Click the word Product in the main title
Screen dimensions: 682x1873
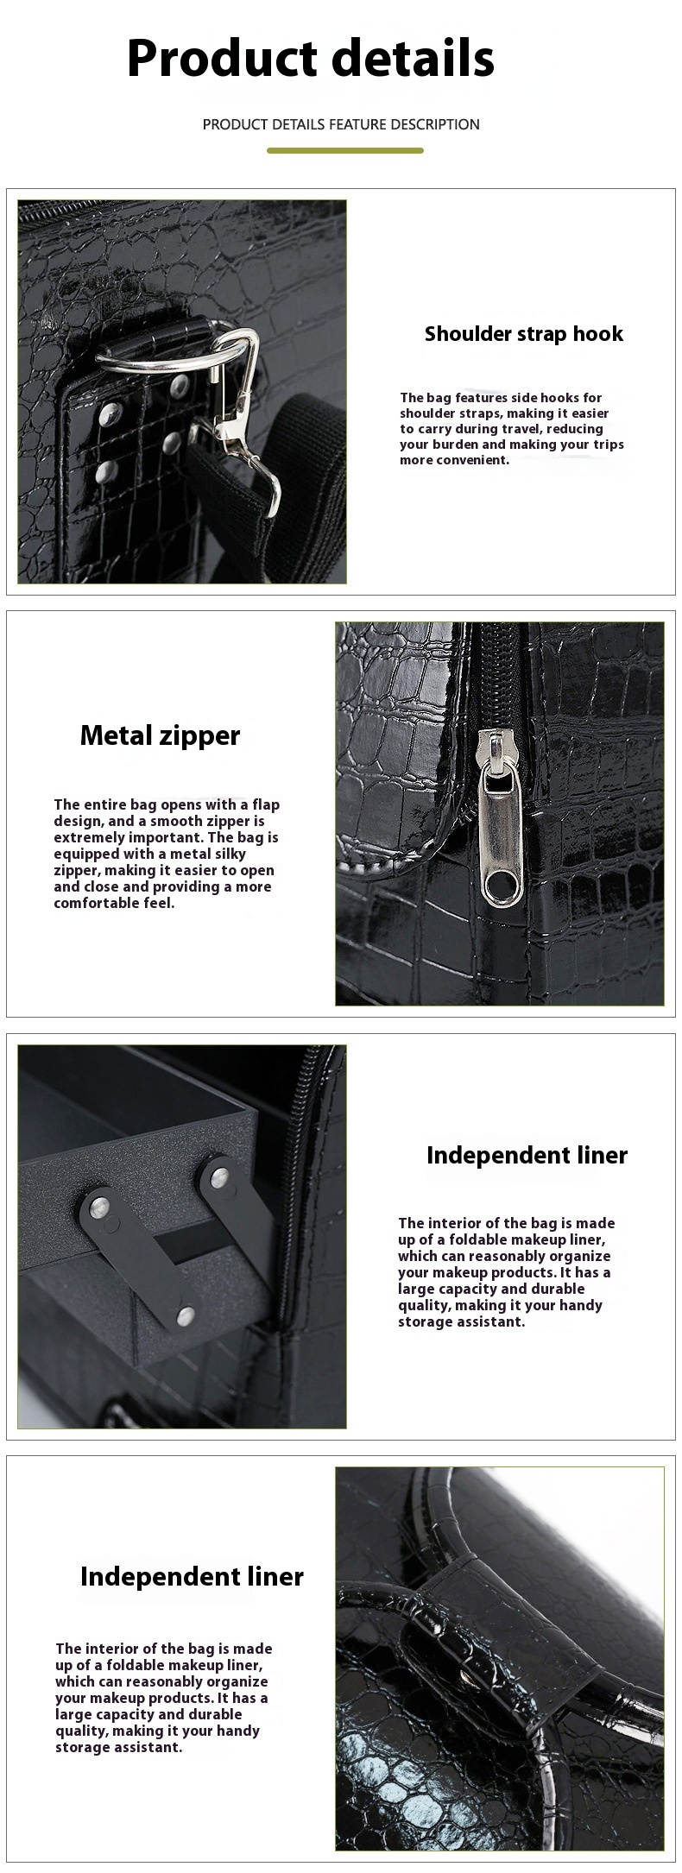click(222, 60)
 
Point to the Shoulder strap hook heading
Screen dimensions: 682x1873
click(524, 334)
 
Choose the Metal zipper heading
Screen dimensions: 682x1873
click(160, 735)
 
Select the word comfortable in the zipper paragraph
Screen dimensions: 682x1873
click(93, 903)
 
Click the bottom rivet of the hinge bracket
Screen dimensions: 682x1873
click(184, 1315)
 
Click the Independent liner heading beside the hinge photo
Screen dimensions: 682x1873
click(527, 1155)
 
